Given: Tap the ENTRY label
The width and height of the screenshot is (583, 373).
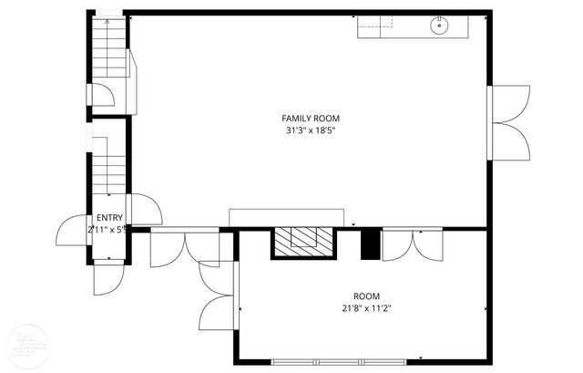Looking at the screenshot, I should pyautogui.click(x=109, y=217).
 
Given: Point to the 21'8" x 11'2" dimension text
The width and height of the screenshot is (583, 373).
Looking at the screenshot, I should pyautogui.click(x=367, y=308).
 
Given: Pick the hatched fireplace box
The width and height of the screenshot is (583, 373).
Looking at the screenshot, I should pyautogui.click(x=303, y=241).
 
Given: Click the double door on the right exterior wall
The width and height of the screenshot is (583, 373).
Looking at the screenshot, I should pyautogui.click(x=509, y=121).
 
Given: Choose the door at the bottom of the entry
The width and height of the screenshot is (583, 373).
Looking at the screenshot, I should pyautogui.click(x=107, y=275).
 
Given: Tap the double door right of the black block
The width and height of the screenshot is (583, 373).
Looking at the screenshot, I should pyautogui.click(x=414, y=245).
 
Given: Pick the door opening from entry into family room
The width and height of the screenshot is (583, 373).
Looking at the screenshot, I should pyautogui.click(x=146, y=211).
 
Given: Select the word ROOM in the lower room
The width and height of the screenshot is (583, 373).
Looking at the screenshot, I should pyautogui.click(x=367, y=295).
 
